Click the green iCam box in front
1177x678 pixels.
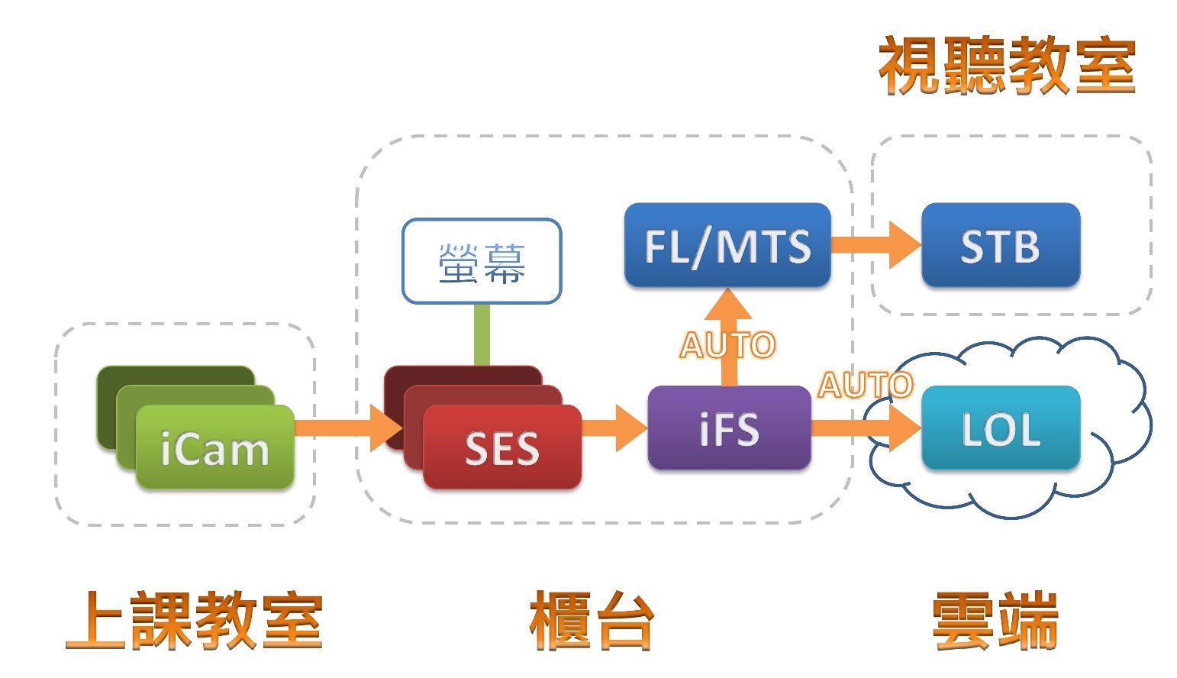coord(214,447)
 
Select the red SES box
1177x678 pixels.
coord(501,447)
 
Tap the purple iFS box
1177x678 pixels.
coord(729,428)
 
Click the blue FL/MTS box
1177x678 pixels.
coord(727,246)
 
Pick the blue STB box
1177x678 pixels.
coord(1000,246)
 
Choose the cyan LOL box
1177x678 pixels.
coord(1000,428)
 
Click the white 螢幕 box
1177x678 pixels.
coord(482,262)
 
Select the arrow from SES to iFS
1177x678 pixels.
coord(615,428)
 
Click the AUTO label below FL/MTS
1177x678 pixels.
coord(727,345)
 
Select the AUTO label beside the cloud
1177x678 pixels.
coord(865,385)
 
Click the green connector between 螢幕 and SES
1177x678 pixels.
coord(482,334)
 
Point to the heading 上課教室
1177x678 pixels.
coord(195,621)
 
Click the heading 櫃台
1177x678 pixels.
coord(592,621)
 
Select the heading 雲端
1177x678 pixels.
coord(995,621)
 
